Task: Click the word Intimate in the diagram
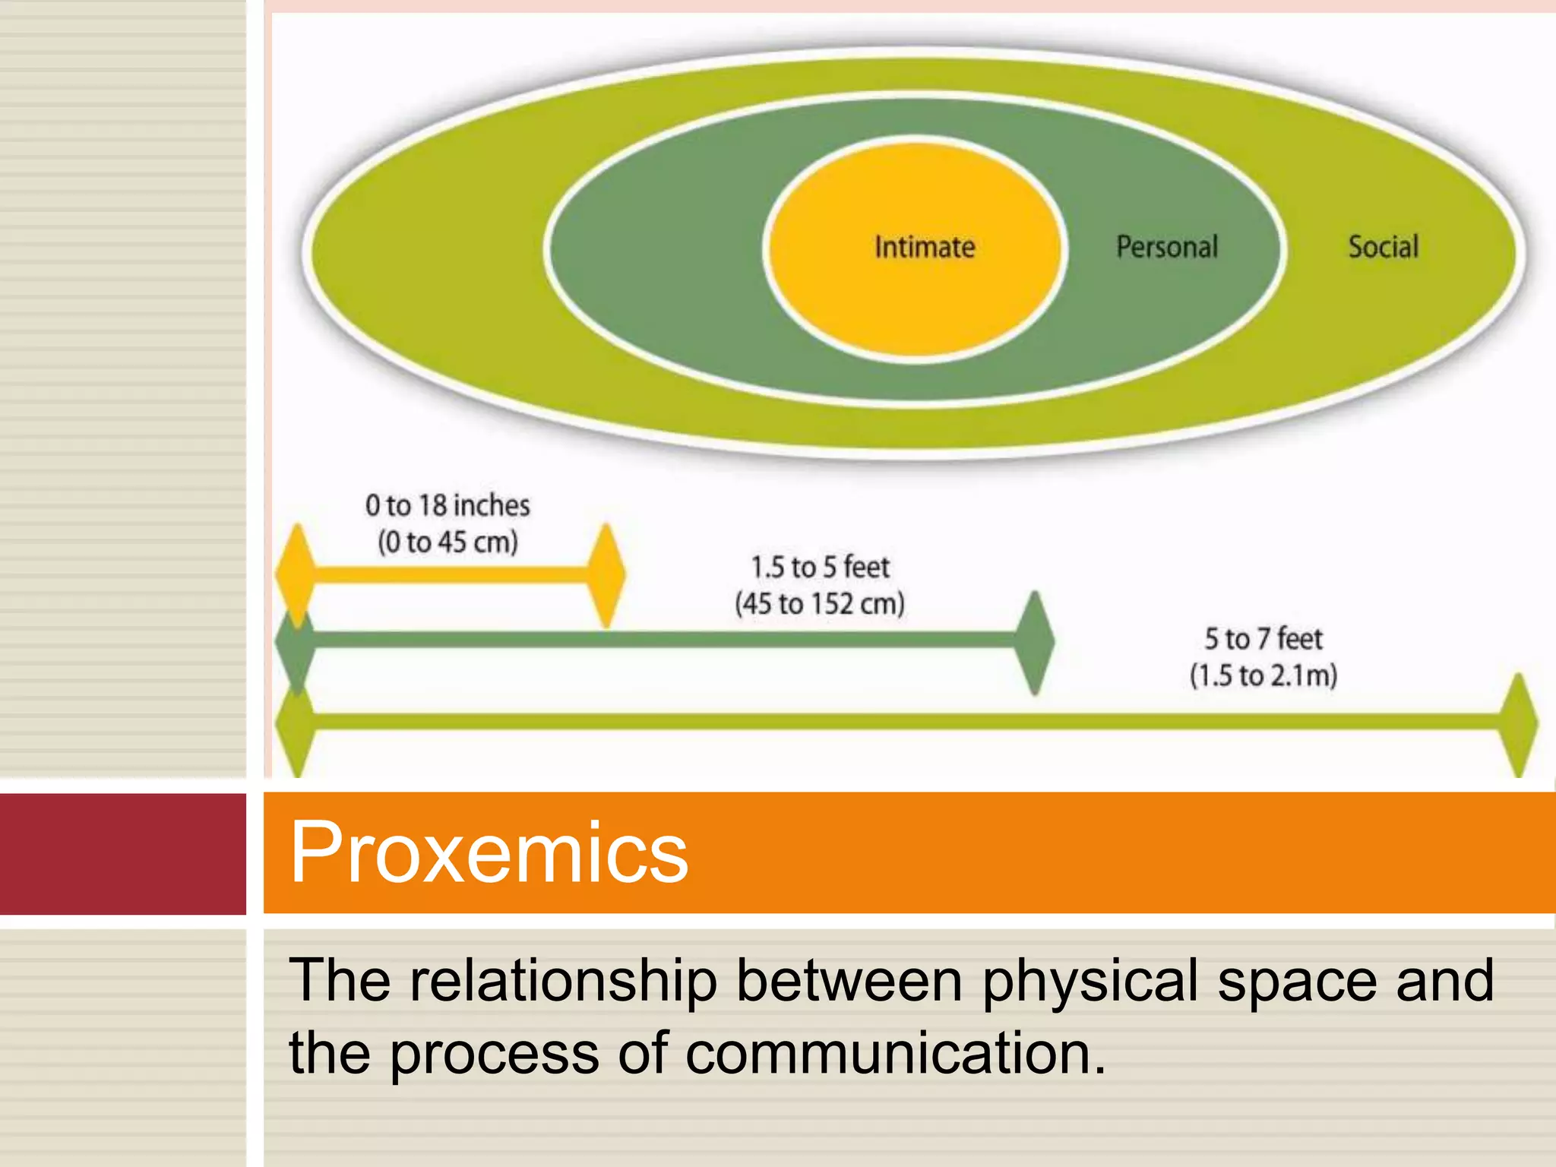point(925,248)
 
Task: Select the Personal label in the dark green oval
point(1167,248)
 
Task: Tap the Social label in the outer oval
point(1384,248)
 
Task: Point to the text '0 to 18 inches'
point(448,506)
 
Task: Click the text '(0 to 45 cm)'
point(448,542)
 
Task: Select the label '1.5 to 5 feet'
point(821,568)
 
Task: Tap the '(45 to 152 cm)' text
point(821,604)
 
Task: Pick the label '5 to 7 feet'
point(1263,639)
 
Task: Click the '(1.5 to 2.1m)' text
point(1263,675)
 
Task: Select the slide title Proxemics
point(489,852)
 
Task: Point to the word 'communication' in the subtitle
point(896,1053)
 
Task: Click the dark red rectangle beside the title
point(122,853)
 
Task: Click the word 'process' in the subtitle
point(495,1055)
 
